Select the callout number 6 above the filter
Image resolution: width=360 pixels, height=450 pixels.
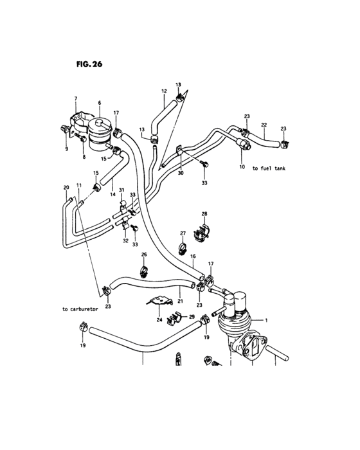click(100, 103)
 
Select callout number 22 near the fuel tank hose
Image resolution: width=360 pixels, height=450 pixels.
click(264, 125)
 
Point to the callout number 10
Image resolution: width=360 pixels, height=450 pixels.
click(242, 167)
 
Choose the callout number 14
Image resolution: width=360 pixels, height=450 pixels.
click(112, 193)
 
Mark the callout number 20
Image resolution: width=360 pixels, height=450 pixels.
click(66, 187)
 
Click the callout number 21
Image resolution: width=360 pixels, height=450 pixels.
click(181, 301)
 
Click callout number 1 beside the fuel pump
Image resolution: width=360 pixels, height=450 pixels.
click(267, 319)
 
